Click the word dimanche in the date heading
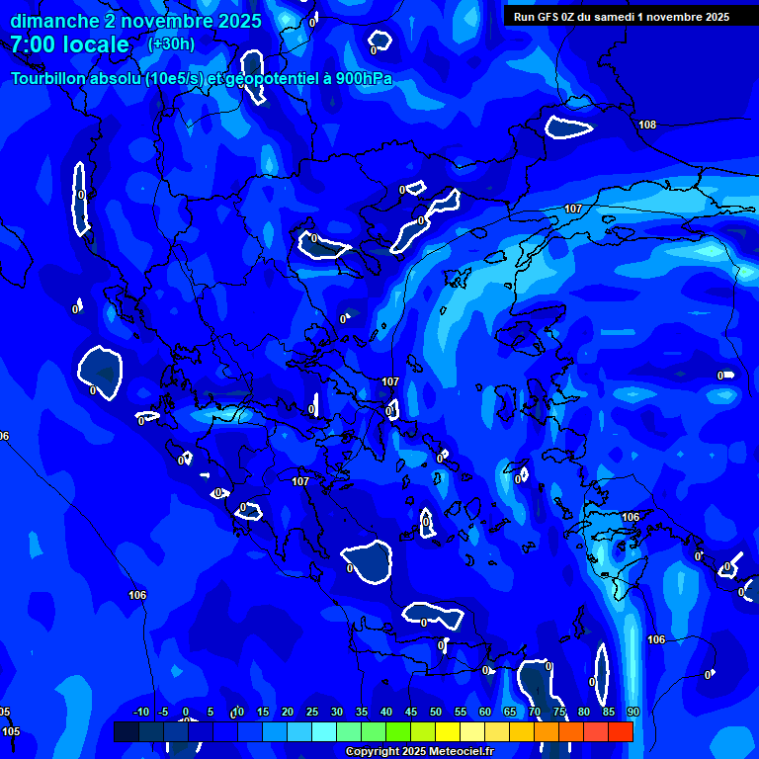(54, 21)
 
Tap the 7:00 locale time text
(69, 44)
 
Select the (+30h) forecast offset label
(171, 43)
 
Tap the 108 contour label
(647, 125)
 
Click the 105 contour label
(11, 731)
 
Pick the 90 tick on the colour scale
(632, 712)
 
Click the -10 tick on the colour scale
(140, 712)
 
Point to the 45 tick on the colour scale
(411, 712)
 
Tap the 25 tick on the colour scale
(312, 712)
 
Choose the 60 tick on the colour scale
(485, 712)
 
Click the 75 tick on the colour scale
(559, 712)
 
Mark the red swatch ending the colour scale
(621, 731)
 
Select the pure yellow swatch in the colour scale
(448, 731)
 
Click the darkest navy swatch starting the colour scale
(126, 731)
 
